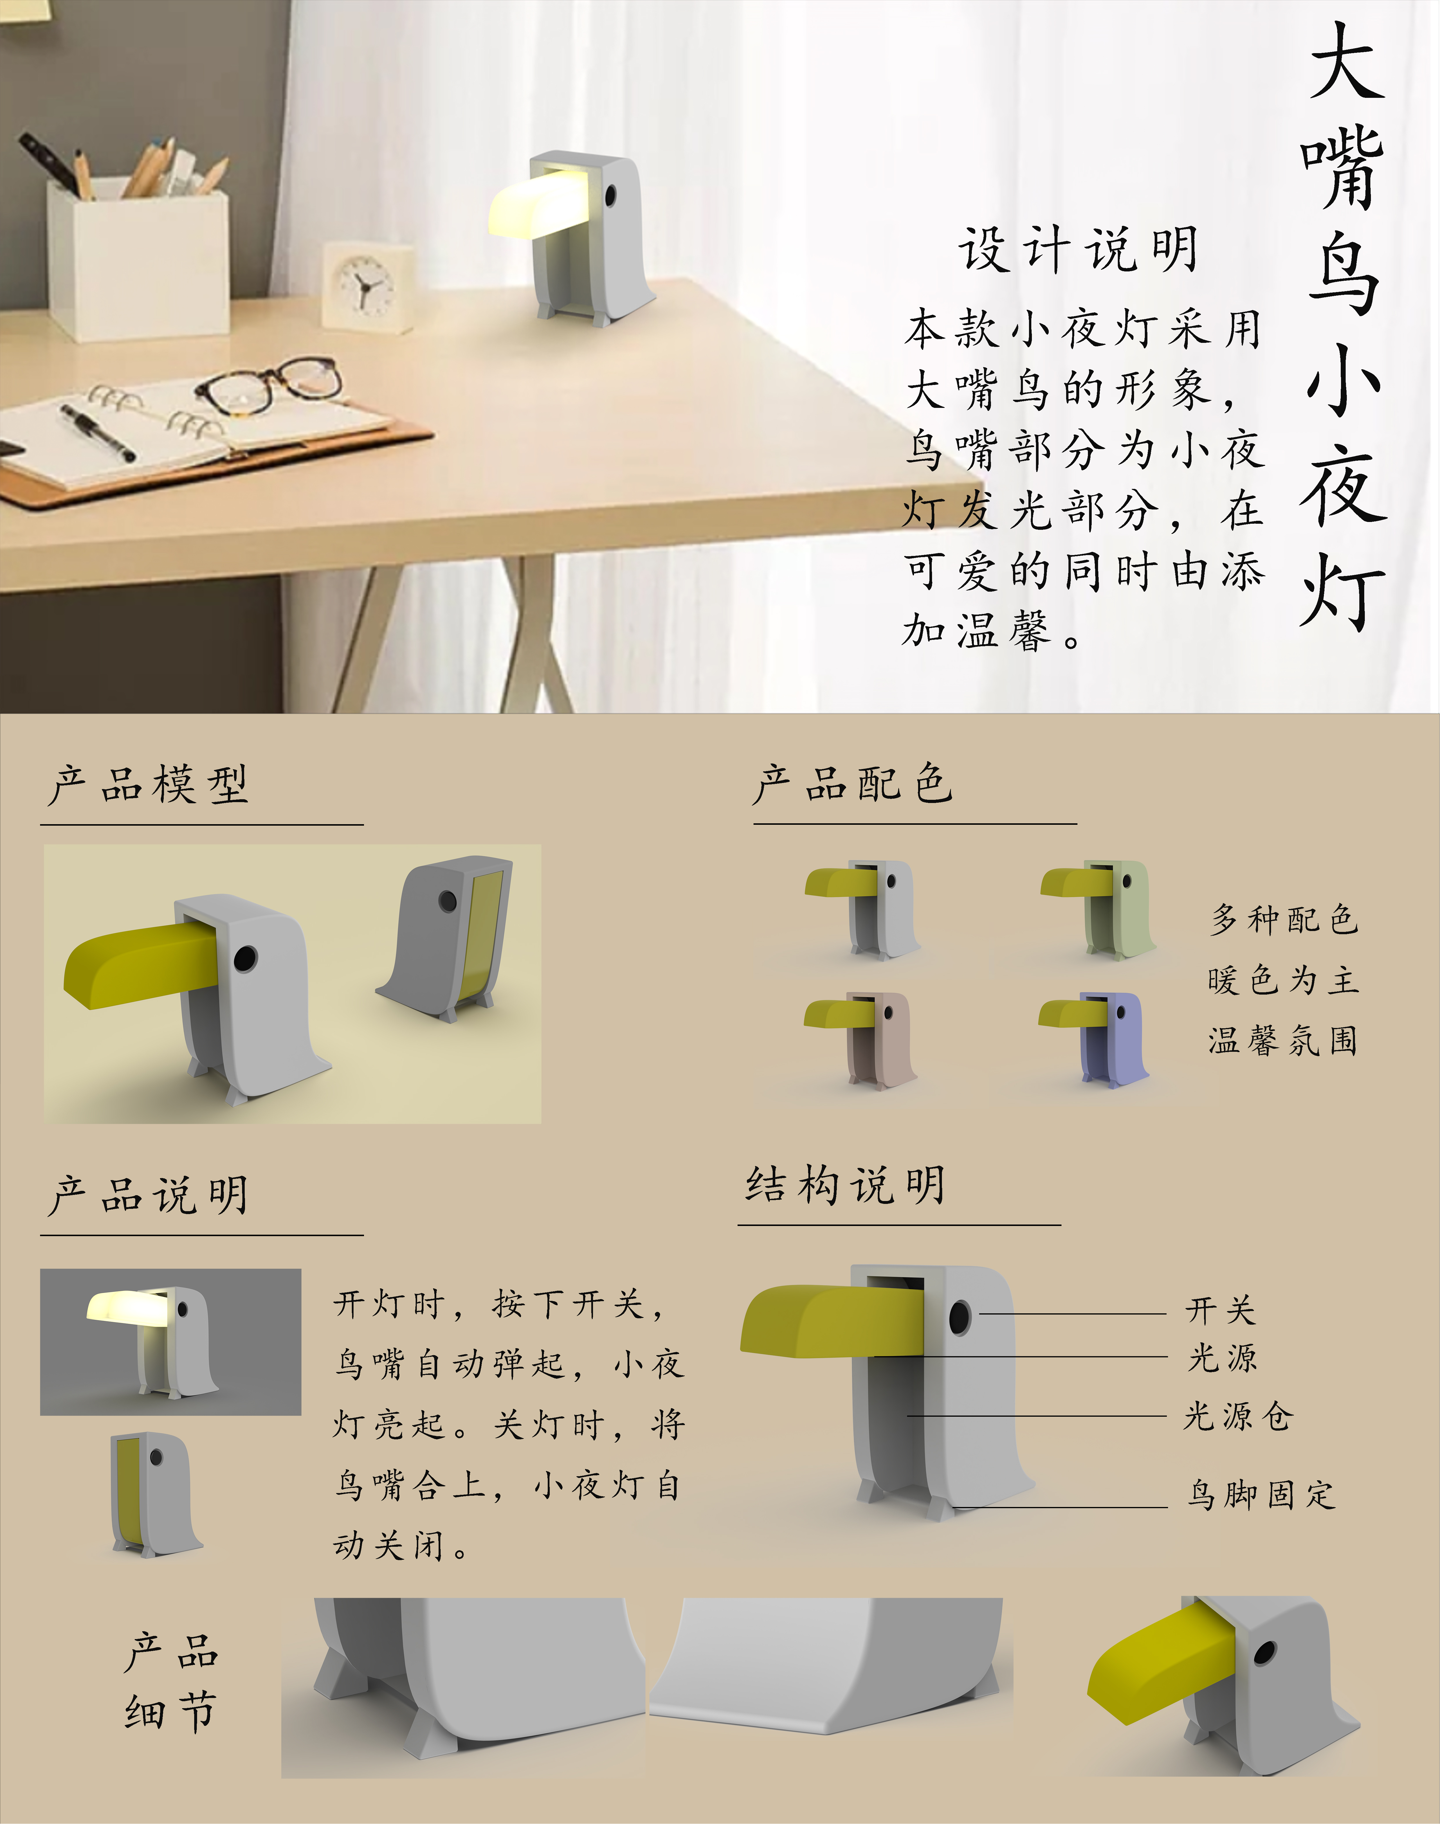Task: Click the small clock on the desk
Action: click(368, 287)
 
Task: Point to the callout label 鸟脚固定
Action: click(1261, 1494)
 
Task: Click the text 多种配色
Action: click(1284, 919)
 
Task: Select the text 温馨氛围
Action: click(1282, 1040)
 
